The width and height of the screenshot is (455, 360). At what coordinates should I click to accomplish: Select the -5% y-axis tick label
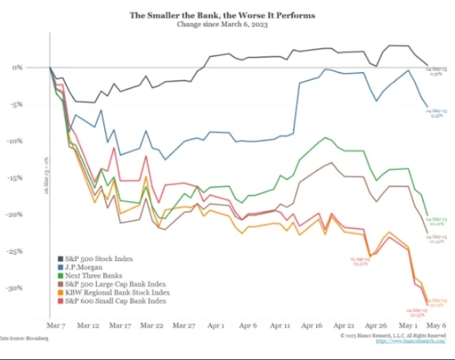pos(34,104)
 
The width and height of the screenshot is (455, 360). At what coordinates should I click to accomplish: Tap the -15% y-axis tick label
pos(33,178)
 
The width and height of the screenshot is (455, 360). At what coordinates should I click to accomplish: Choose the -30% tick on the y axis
pos(33,288)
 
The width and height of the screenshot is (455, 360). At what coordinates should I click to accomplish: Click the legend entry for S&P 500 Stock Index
pos(100,259)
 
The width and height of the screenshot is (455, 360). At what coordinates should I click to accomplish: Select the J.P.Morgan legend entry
pos(82,268)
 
